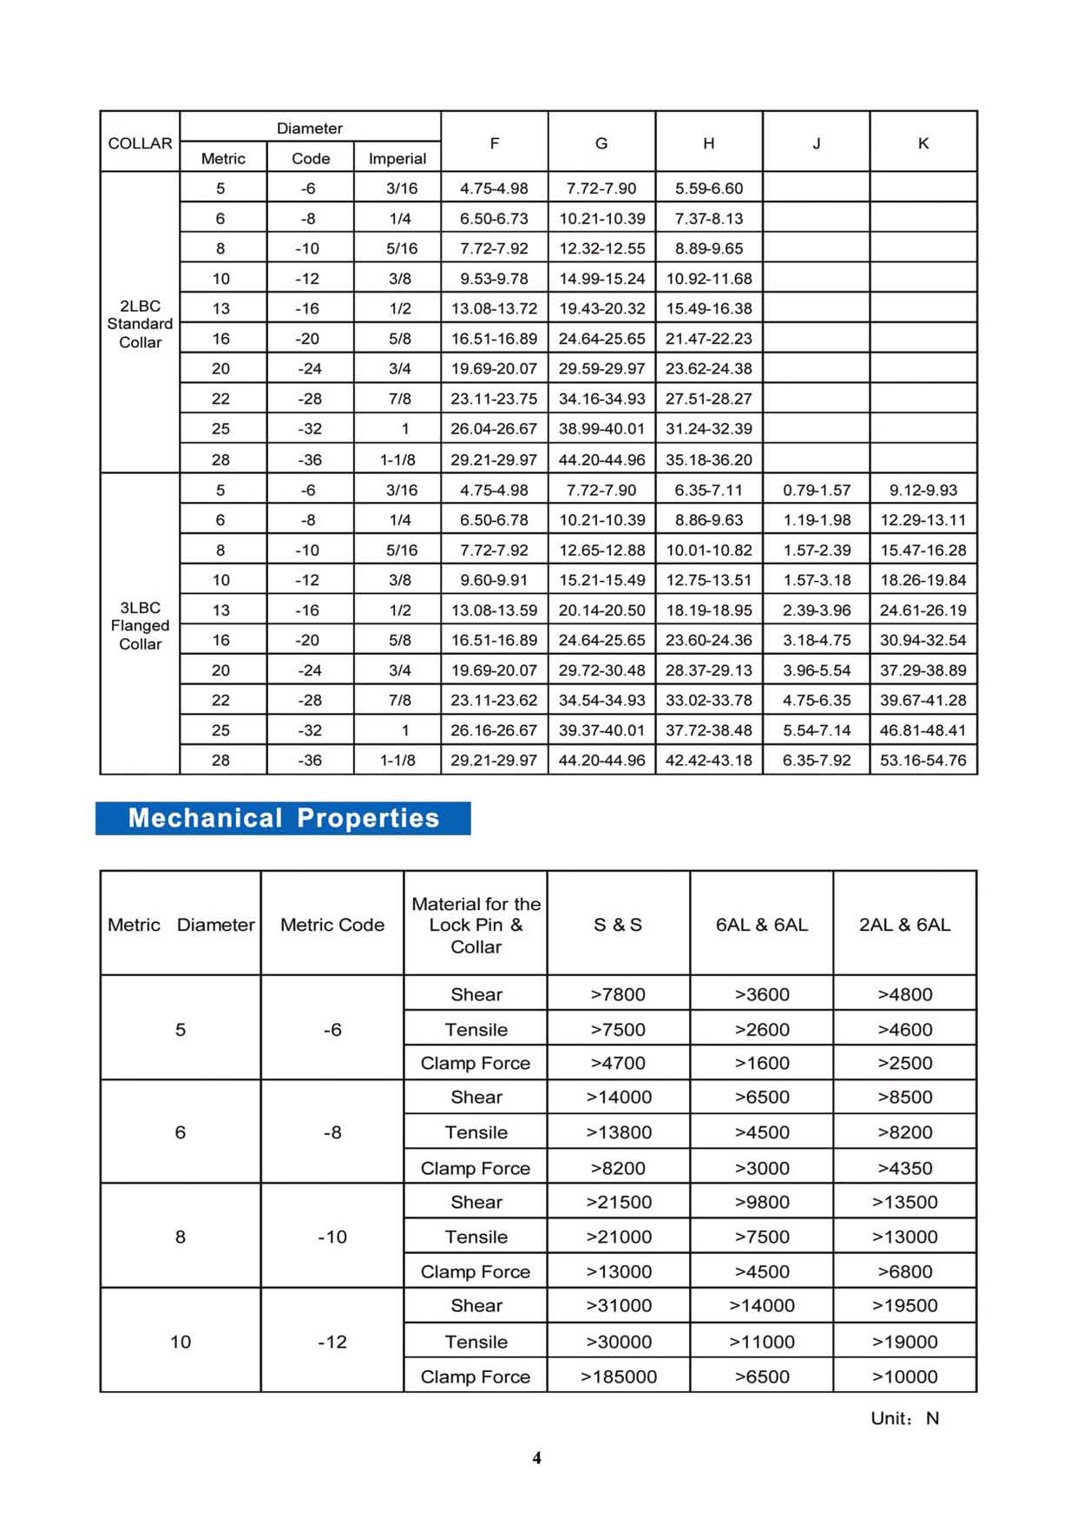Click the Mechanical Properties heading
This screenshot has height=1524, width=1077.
(x=283, y=818)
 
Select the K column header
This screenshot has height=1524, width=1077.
(x=923, y=143)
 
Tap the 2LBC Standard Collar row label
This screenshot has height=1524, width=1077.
(x=140, y=324)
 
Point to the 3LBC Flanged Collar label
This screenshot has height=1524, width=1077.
(x=140, y=625)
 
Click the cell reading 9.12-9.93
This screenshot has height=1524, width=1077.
(x=923, y=490)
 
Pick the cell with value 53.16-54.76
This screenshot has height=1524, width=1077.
(x=923, y=760)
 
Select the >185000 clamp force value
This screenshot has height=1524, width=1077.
(x=618, y=1376)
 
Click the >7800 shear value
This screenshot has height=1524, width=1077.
(x=618, y=994)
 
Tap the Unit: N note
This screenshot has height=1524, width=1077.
(x=904, y=1418)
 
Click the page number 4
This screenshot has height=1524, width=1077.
(x=536, y=1458)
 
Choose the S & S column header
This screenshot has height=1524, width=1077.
(x=618, y=925)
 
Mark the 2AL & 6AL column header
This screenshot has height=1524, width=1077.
(x=904, y=925)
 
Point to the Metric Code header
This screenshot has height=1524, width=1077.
(x=332, y=925)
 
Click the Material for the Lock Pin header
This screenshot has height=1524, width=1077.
(x=476, y=925)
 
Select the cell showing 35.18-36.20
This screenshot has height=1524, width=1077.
(x=708, y=459)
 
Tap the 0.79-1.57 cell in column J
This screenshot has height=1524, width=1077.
(x=816, y=490)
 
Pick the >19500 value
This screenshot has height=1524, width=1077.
(x=904, y=1305)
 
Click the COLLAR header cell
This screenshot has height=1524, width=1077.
(x=140, y=143)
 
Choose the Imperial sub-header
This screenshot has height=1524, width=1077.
(x=397, y=158)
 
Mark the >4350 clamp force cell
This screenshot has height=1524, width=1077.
(x=904, y=1168)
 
